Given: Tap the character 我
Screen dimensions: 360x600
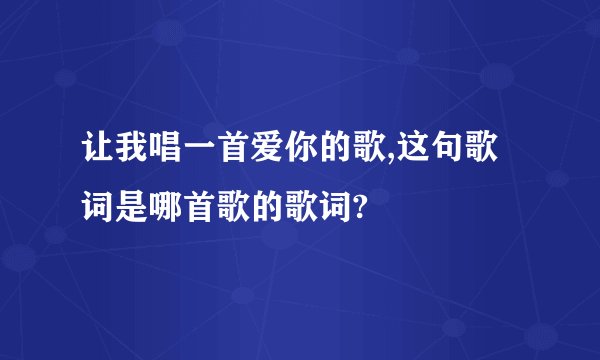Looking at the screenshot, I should coord(131,156).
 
